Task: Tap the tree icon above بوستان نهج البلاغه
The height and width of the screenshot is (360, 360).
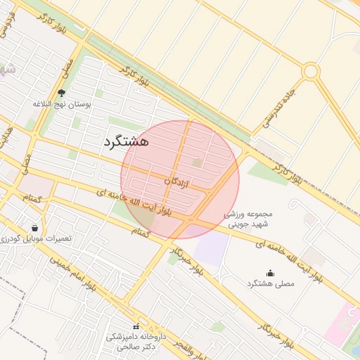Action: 61,93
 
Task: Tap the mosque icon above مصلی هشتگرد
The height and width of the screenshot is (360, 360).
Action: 271,273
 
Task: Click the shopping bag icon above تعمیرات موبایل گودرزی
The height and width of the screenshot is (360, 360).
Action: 34,228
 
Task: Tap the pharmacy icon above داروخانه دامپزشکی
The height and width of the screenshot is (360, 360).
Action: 136,326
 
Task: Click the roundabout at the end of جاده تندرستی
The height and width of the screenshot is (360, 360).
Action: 311,71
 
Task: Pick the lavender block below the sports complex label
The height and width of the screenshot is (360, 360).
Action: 212,250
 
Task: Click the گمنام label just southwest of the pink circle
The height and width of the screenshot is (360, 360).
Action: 141,231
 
